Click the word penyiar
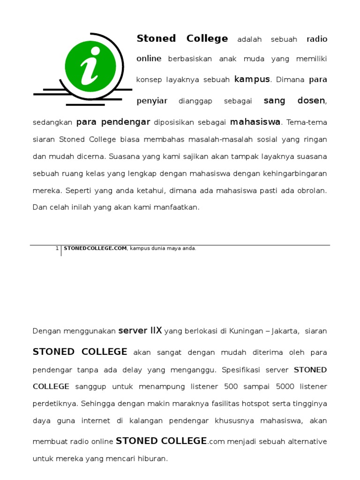pos(152,101)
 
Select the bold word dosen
pos(311,101)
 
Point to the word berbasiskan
pos(190,59)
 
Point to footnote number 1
pos(57,248)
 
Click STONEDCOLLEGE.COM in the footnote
pos(95,248)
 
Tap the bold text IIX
pos(156,330)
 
